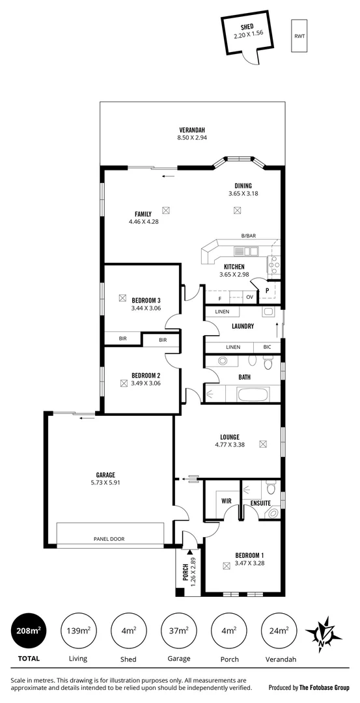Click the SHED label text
tap(247, 27)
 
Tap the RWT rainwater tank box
tap(299, 36)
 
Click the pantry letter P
tap(267, 291)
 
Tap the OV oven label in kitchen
tap(249, 297)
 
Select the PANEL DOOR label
tap(109, 538)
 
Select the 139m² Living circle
tap(78, 630)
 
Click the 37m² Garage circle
tap(179, 630)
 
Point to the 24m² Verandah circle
tap(279, 630)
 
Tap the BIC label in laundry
tap(267, 348)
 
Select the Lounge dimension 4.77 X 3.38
tap(229, 445)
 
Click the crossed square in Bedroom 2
tap(123, 384)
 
